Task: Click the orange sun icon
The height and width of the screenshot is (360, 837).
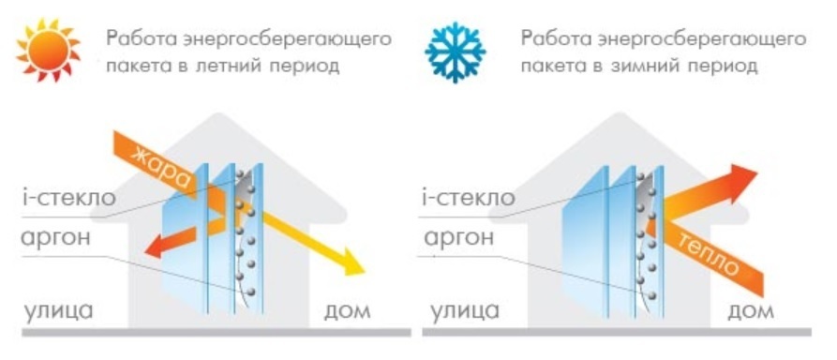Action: tap(48, 50)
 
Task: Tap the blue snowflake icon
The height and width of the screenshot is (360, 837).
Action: tap(456, 52)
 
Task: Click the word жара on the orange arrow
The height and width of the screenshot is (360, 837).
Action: tap(162, 166)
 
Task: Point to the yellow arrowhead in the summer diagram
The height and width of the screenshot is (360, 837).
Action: tap(352, 262)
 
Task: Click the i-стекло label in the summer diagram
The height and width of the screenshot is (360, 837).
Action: tap(68, 198)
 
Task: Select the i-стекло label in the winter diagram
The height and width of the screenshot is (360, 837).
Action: tap(468, 198)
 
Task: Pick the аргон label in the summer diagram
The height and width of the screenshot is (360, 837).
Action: tap(55, 238)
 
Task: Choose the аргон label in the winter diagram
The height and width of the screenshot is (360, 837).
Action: tap(458, 238)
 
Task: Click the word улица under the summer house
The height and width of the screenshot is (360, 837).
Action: tap(58, 311)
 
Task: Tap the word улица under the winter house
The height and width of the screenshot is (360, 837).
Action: tap(465, 311)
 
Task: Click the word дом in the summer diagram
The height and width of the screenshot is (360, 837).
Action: tap(347, 312)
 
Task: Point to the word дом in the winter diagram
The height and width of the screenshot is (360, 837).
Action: tap(751, 312)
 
